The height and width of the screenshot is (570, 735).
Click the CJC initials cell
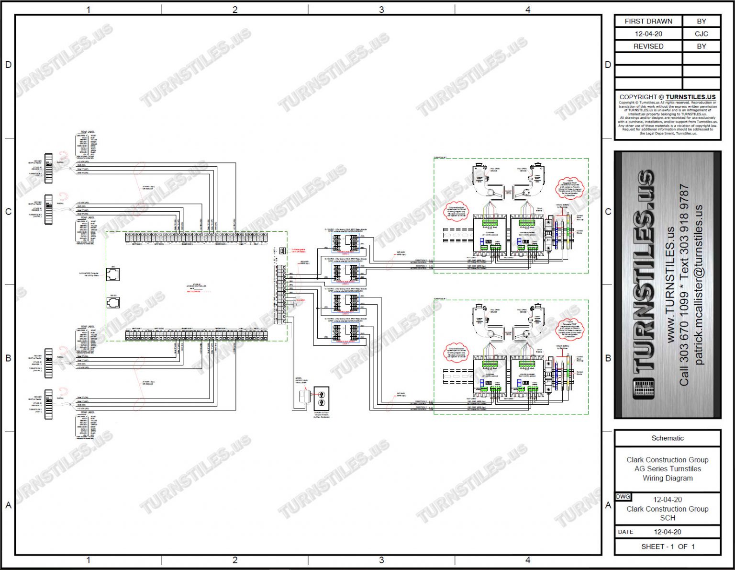[x=701, y=34]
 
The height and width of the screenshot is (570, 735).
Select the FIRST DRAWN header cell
[x=648, y=21]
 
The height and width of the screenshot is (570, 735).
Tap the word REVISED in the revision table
[x=648, y=46]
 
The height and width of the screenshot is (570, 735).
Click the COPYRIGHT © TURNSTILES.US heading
[x=667, y=97]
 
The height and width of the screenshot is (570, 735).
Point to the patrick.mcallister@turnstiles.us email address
[x=699, y=285]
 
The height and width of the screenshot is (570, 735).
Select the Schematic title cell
[x=667, y=438]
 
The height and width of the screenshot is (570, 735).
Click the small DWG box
[x=623, y=497]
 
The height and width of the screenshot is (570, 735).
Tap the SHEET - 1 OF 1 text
[x=667, y=546]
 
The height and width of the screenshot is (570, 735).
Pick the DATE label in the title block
[x=625, y=532]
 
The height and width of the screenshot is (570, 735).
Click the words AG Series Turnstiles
[x=667, y=468]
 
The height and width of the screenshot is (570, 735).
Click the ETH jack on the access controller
[x=113, y=274]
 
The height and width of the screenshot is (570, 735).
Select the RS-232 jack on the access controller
[x=113, y=303]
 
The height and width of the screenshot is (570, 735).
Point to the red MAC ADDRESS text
[x=194, y=292]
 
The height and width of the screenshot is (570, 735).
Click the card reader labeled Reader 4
[x=48, y=168]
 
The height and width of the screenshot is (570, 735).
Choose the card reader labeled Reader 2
[x=48, y=405]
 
